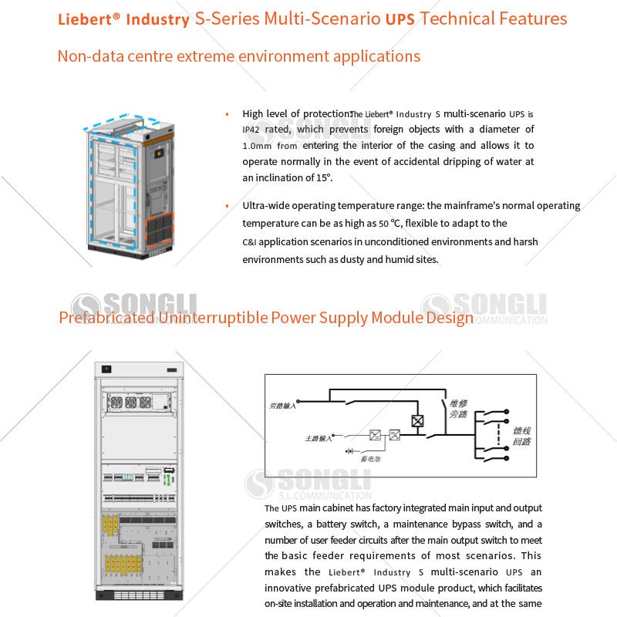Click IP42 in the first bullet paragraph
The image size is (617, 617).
pyautogui.click(x=253, y=130)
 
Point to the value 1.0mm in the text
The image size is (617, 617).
pyautogui.click(x=258, y=146)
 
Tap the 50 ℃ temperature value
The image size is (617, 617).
pyautogui.click(x=390, y=224)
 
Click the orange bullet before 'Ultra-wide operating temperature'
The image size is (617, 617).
pyautogui.click(x=227, y=206)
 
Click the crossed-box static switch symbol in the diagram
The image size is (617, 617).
pyautogui.click(x=417, y=421)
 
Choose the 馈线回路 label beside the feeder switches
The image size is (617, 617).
pyautogui.click(x=522, y=436)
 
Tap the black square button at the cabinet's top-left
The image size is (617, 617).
pyautogui.click(x=106, y=368)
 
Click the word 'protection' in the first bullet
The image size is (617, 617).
pyautogui.click(x=322, y=113)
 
